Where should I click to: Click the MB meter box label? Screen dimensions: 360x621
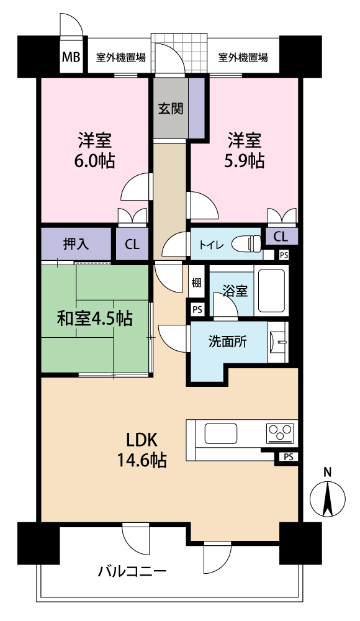tap(71, 57)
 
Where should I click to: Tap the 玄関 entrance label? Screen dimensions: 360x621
tap(171, 108)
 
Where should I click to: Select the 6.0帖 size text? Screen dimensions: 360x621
tap(94, 161)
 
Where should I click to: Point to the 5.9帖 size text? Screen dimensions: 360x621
tap(245, 161)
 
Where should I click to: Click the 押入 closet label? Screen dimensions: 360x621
tap(76, 244)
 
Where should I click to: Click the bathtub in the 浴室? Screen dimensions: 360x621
tap(272, 291)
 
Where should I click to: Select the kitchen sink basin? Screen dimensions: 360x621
tap(220, 433)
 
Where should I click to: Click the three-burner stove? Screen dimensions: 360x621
tap(281, 432)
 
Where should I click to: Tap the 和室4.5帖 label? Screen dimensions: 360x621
tap(94, 319)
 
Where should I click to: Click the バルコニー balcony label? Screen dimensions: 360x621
tap(132, 572)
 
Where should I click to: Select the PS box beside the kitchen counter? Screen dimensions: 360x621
tap(289, 457)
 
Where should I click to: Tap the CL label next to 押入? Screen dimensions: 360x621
tap(132, 244)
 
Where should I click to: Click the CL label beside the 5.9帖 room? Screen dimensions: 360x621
tap(281, 237)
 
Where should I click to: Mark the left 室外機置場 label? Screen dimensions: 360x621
tap(121, 58)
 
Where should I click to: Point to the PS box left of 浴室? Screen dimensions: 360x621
tap(197, 309)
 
